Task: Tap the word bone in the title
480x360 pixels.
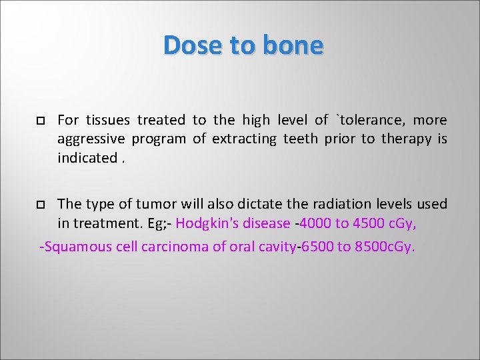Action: tap(293, 45)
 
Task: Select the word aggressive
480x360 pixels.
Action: tap(91, 139)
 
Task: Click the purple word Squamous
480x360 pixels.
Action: tap(73, 247)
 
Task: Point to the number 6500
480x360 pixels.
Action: tap(318, 247)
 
